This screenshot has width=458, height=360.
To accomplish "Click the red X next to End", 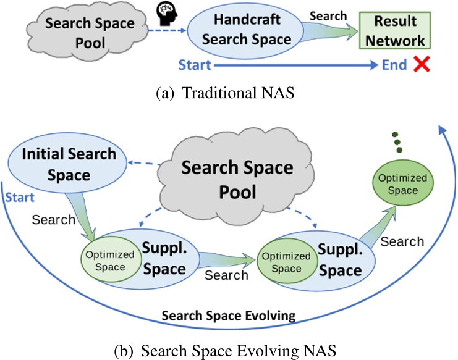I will (423, 65).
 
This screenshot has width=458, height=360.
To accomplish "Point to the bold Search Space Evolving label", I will (229, 316).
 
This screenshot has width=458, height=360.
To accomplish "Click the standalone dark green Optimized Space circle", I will (402, 184).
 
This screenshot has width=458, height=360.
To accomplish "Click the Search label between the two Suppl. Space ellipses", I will (227, 275).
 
